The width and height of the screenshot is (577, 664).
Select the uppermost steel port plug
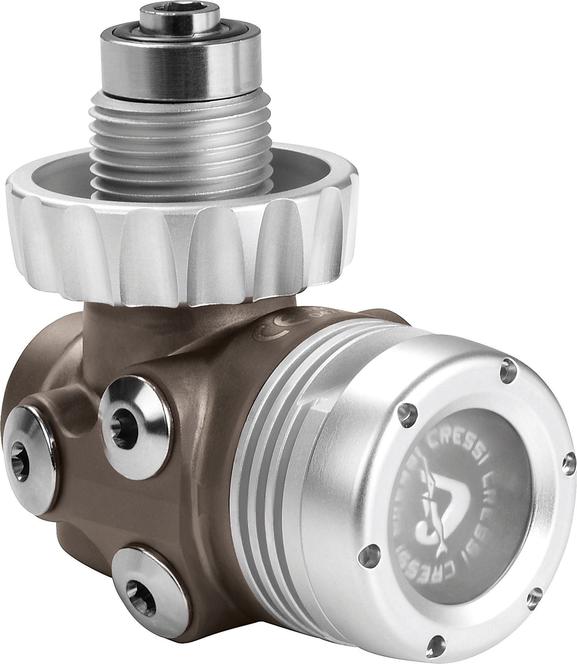coord(126,413)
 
